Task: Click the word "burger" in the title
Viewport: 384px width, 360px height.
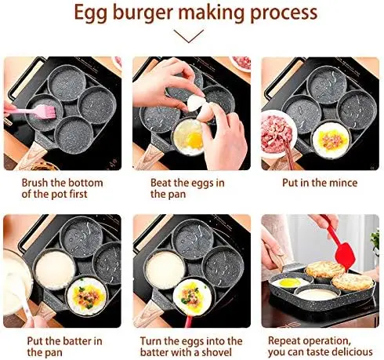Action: click(x=143, y=13)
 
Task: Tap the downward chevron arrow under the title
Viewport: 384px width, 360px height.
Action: click(x=189, y=36)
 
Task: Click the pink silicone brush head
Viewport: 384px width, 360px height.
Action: click(x=47, y=111)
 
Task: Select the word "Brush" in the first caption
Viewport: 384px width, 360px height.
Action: click(x=34, y=183)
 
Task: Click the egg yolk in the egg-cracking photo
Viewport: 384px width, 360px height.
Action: click(x=195, y=139)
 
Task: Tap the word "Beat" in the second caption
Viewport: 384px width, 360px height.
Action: click(x=161, y=183)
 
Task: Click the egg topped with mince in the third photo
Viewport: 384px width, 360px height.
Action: click(x=331, y=139)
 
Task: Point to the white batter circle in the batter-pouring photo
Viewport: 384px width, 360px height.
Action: click(x=54, y=270)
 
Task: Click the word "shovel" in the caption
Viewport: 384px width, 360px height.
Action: click(x=216, y=352)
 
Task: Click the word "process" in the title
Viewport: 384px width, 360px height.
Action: click(x=284, y=13)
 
